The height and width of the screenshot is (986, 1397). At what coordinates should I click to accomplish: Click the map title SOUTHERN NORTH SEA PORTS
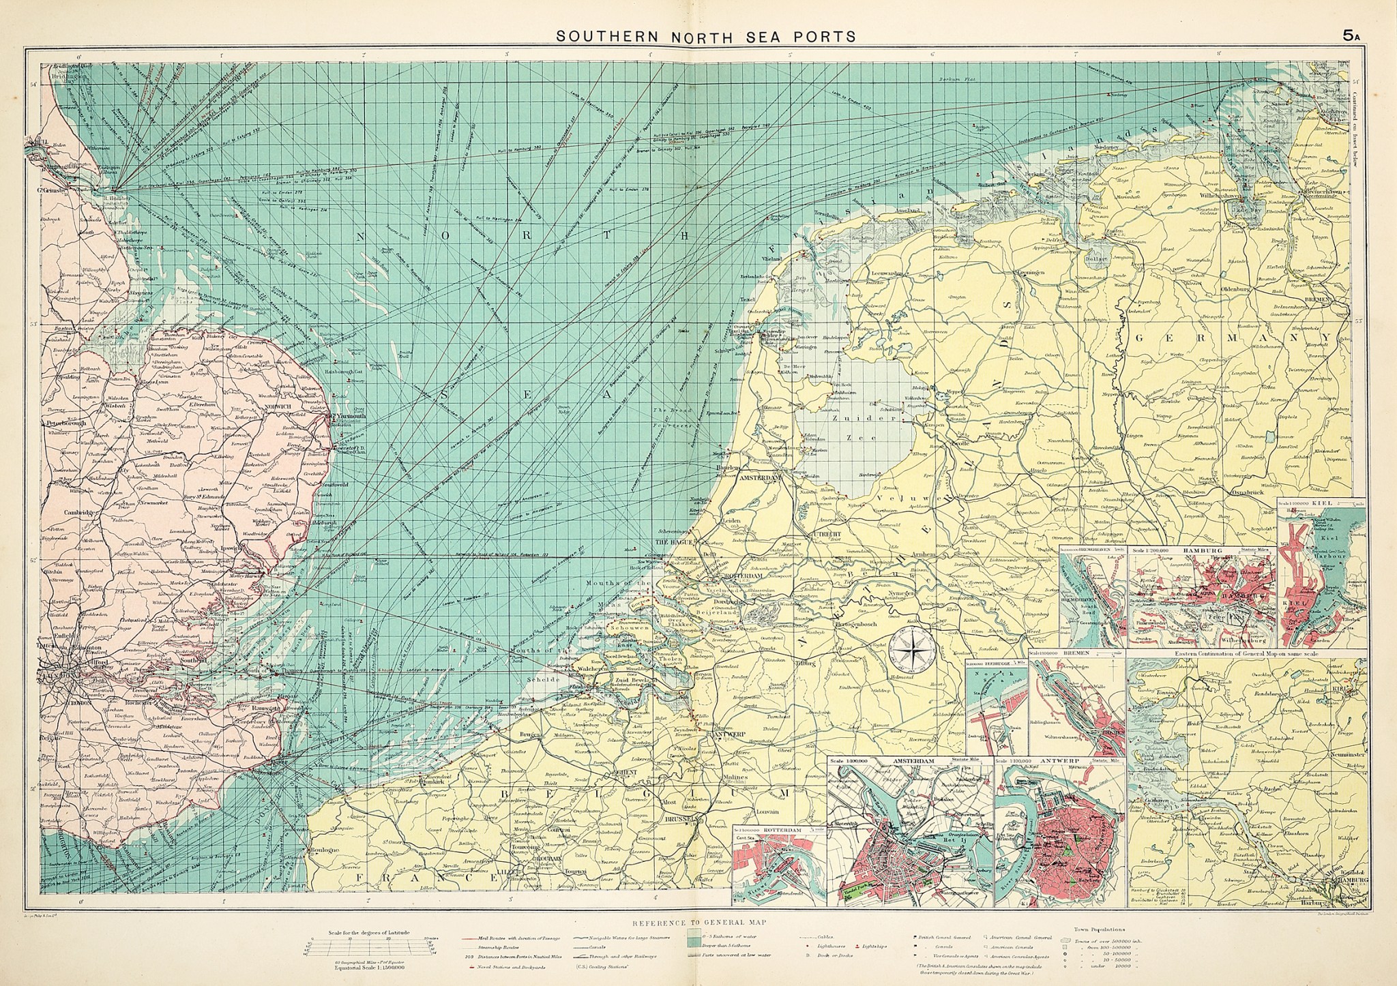(706, 35)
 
